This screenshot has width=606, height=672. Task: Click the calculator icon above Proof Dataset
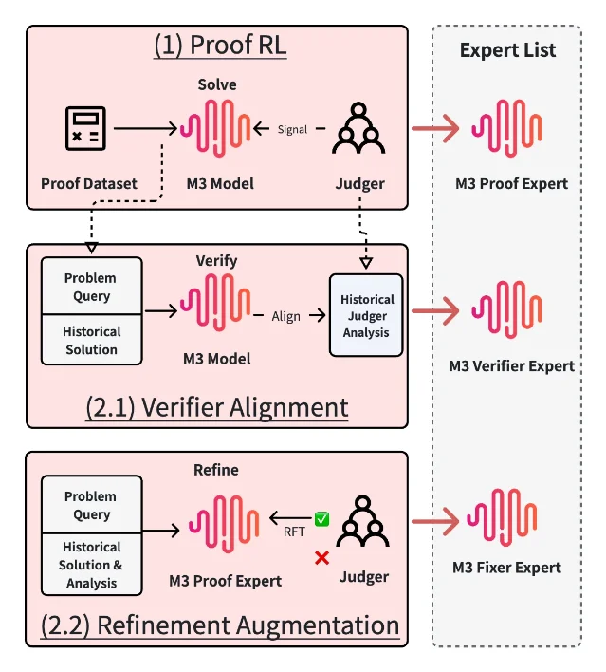[x=85, y=128]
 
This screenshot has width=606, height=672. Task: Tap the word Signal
[x=292, y=129]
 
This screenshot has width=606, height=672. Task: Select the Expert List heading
[x=507, y=50]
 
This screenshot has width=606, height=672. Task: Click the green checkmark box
[x=321, y=519]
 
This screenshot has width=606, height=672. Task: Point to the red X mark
[x=321, y=558]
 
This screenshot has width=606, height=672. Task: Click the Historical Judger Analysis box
[x=366, y=315]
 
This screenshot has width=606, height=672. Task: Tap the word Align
[x=285, y=316]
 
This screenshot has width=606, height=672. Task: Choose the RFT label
[x=294, y=532]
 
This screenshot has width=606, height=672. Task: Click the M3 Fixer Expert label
[x=506, y=568]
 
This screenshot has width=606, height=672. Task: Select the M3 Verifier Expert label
[x=512, y=366]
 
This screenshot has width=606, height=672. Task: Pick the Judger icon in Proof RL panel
[x=358, y=128]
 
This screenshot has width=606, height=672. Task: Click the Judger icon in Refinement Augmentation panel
[x=362, y=521]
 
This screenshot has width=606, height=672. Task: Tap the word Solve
[x=217, y=84]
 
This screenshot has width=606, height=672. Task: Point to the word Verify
[x=217, y=261]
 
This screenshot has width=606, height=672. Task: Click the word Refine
[x=216, y=470]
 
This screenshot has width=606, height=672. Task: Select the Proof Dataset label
[x=89, y=183]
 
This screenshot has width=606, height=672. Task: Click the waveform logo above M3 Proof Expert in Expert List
[x=506, y=128]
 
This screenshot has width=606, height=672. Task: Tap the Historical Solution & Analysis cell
[x=92, y=565]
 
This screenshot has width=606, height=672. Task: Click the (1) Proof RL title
[x=220, y=45]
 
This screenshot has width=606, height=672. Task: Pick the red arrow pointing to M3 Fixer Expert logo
[x=435, y=521]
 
